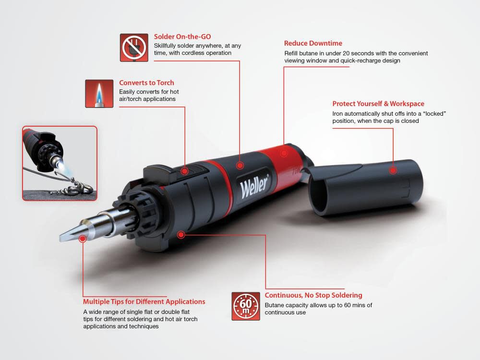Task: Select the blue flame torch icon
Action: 99,94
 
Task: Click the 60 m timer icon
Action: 246,306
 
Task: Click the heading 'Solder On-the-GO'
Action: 182,36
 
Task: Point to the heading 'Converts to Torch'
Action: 146,83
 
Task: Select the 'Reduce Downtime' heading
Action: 313,43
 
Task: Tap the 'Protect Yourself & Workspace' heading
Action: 378,104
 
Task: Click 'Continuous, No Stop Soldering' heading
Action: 313,295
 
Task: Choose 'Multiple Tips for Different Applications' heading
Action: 144,302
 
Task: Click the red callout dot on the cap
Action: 393,169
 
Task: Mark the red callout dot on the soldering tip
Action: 83,238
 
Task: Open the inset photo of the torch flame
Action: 60,163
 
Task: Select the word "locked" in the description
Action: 434,114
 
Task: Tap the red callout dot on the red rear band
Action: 284,154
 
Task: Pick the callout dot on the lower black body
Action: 181,235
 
